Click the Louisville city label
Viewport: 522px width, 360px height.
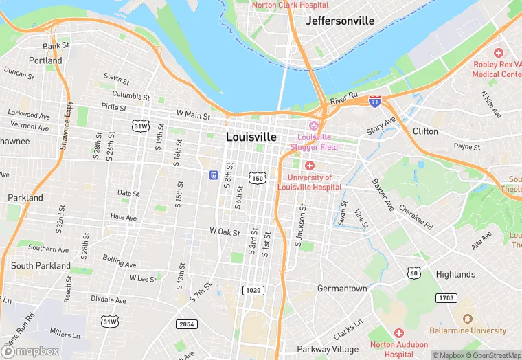[x=251, y=137]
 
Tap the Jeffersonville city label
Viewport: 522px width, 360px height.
[x=340, y=21]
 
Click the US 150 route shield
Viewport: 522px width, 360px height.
[x=258, y=178]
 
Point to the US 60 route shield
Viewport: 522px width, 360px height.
[x=413, y=273]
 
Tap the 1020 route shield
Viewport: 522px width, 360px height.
[x=253, y=291]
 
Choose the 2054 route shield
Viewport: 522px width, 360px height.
[x=186, y=324]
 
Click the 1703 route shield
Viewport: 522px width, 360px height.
[x=446, y=297]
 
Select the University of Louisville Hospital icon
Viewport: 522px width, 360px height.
[x=310, y=166]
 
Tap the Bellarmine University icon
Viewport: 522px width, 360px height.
[x=468, y=319]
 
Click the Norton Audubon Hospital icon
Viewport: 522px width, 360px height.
[x=398, y=333]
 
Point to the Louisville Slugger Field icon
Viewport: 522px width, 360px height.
[x=314, y=125]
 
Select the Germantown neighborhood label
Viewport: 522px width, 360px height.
[x=342, y=289]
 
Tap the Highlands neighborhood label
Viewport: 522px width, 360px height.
[x=455, y=274]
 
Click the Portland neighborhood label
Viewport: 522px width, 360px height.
[x=45, y=60]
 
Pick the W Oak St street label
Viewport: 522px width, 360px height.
[x=225, y=232]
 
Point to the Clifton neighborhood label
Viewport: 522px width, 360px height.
[x=425, y=131]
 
